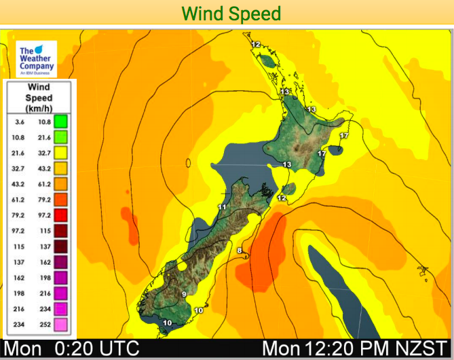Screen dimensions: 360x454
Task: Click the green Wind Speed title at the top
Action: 231,13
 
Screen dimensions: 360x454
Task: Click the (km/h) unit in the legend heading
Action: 39,109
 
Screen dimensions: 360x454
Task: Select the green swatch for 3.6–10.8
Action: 60,122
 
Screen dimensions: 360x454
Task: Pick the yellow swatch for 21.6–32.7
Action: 60,152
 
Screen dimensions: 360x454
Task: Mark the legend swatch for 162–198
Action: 60,277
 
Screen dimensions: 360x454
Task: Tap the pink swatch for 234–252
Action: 60,324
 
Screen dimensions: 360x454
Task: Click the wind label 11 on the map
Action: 221,206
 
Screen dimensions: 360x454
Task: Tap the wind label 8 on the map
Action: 239,251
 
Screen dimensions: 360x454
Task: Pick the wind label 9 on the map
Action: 183,293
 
